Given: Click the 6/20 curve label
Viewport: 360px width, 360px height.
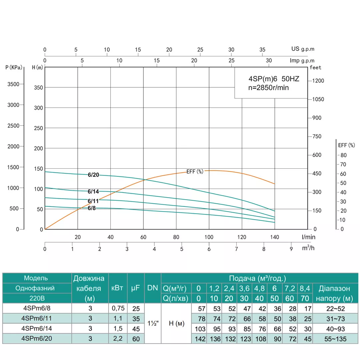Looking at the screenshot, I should (93, 175).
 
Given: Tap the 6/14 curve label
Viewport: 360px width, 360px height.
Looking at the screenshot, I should (93, 191).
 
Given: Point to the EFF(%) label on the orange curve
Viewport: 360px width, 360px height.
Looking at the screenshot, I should (195, 171).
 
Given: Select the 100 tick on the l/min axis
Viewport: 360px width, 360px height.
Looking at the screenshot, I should (209, 237).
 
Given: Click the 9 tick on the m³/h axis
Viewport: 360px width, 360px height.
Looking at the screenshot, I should (291, 249).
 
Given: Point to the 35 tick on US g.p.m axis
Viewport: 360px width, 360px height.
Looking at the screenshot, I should (262, 50).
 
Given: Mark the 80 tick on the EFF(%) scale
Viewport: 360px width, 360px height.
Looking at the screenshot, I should (343, 155).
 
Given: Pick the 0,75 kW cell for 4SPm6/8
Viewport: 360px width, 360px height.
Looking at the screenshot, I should (118, 309).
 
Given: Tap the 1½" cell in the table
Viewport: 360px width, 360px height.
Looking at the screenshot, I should (153, 323).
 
